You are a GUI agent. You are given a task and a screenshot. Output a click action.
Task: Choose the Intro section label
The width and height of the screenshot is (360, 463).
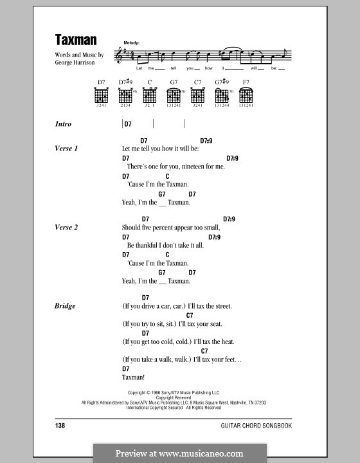[64, 124]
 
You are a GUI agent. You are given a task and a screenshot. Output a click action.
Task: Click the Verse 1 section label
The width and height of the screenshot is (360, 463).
[67, 149]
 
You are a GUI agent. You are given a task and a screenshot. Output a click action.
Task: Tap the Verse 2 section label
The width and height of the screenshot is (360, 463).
[67, 227]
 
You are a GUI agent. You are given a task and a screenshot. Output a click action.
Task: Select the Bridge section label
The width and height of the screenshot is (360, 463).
[65, 306]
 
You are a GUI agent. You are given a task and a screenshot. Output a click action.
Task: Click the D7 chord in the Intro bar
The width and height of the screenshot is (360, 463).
[127, 124]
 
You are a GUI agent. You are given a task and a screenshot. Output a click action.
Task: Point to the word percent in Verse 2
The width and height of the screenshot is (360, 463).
[167, 227]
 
